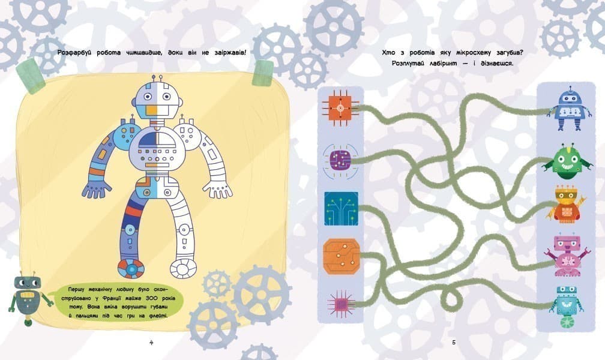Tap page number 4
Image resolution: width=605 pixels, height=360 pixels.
(151, 342)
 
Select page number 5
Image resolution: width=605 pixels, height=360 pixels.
(453, 342)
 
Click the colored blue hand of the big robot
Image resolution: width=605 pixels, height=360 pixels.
(97, 189)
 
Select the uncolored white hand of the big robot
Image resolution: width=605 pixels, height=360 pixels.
(217, 190)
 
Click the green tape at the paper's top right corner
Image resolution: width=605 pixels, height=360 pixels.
(262, 72)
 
